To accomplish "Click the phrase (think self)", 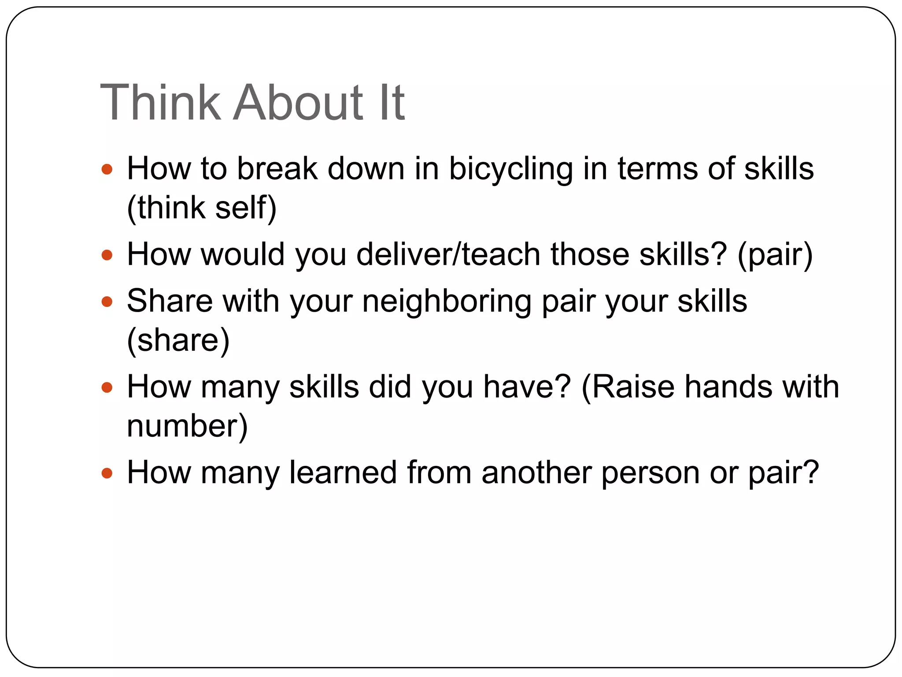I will [x=202, y=208].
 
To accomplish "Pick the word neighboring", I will [x=447, y=302].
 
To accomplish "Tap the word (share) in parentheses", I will [x=178, y=340].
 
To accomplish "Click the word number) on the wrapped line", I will [x=187, y=426].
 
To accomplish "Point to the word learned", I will [x=343, y=472].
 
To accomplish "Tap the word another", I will [x=536, y=472].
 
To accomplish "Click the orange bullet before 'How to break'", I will [x=107, y=169].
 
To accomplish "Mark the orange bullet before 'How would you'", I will [x=107, y=255].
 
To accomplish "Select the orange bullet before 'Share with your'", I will [x=107, y=302].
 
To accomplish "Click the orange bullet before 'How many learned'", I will [x=107, y=473].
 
